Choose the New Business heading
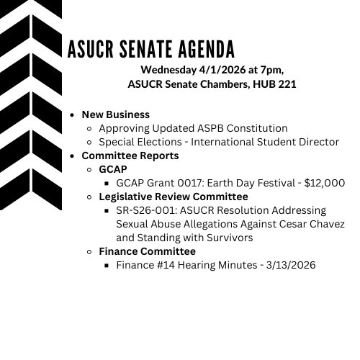(x=115, y=114)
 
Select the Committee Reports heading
(x=130, y=156)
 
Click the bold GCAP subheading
(x=112, y=169)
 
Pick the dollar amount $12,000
(x=325, y=183)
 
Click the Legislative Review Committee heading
(x=173, y=197)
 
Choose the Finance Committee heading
(x=147, y=251)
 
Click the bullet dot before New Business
(x=73, y=115)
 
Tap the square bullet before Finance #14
(x=108, y=266)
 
